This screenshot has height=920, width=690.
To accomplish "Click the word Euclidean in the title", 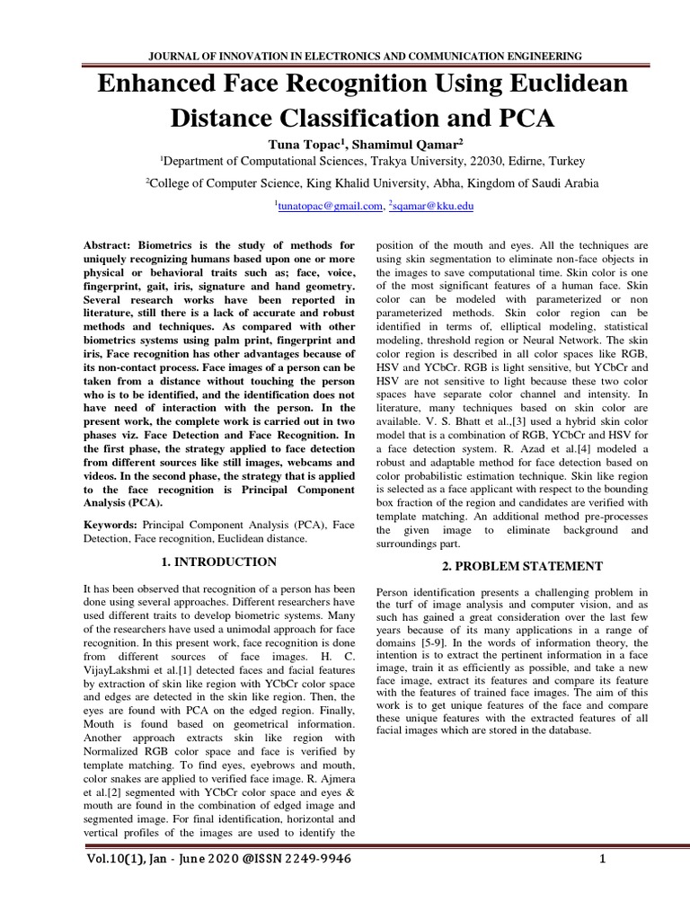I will coord(553,85).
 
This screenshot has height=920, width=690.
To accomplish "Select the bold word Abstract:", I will coord(112,244).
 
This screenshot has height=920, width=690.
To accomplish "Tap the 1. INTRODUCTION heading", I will coord(218,562).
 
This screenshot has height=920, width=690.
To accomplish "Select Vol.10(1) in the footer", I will coord(118,860).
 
